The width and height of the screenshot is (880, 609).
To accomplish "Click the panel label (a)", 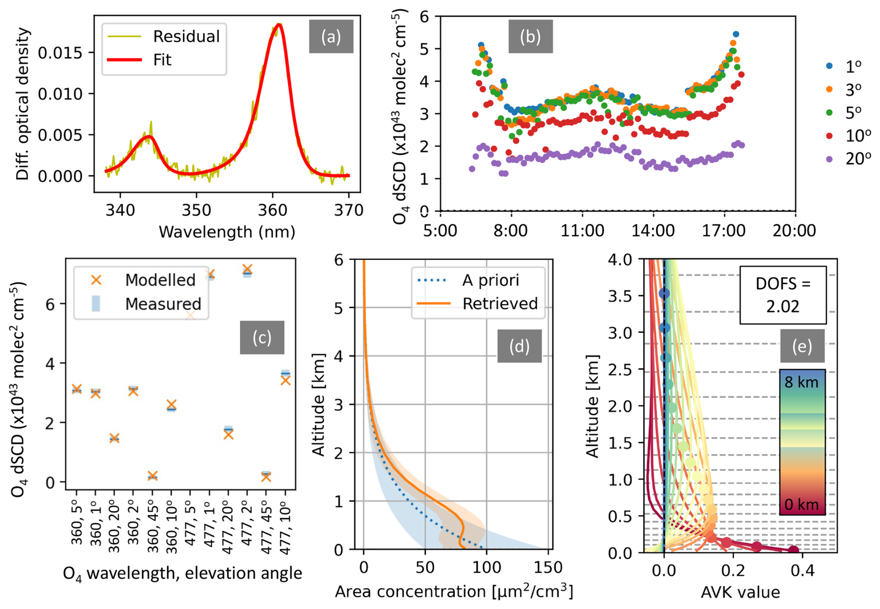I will tap(331, 36).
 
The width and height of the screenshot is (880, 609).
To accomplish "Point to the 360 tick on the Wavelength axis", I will tap(273, 210).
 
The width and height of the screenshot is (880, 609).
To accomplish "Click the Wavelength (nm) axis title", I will tap(227, 232).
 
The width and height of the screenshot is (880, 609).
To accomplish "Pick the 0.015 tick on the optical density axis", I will tap(60, 53).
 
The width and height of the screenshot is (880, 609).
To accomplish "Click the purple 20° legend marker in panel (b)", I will tap(829, 159).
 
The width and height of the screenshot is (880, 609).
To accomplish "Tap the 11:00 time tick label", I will tap(582, 231).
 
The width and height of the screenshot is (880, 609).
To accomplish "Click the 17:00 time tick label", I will tap(724, 231).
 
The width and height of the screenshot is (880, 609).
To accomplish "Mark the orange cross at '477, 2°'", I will tap(247, 270).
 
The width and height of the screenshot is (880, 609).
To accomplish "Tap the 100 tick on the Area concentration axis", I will tap(487, 568).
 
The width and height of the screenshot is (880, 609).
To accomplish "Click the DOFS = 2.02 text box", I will tap(783, 295).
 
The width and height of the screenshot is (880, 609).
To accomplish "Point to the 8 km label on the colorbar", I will tap(801, 382).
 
